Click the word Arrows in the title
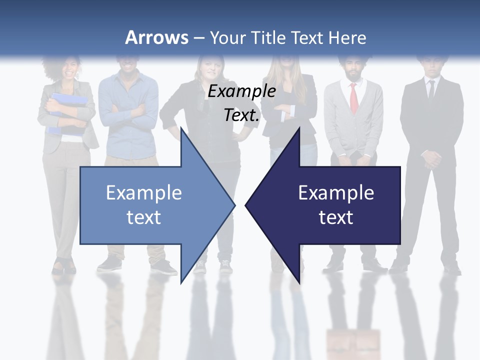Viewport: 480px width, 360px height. [156, 37]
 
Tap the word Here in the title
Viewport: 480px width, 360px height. [347, 37]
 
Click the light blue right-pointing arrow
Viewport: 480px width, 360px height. [150, 205]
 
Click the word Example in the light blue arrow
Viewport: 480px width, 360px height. [144, 193]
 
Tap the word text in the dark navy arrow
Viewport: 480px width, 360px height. [336, 217]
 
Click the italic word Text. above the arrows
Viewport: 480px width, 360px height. [242, 115]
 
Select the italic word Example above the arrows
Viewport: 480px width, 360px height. [242, 91]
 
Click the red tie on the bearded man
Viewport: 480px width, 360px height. [353, 97]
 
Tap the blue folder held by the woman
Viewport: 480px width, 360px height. [68, 110]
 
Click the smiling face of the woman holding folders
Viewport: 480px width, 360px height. [68, 68]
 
